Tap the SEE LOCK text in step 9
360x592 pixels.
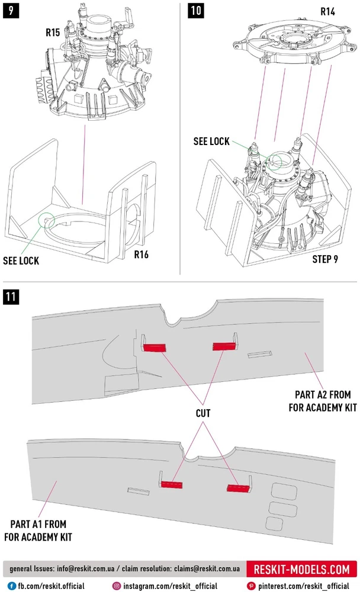[x=21, y=260]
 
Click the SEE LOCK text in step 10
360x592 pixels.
[x=211, y=141]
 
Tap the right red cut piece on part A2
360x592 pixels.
[x=224, y=345]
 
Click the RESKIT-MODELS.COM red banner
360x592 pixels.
[x=301, y=570]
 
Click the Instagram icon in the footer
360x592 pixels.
[x=117, y=585]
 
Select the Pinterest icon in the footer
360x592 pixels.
[x=252, y=585]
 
